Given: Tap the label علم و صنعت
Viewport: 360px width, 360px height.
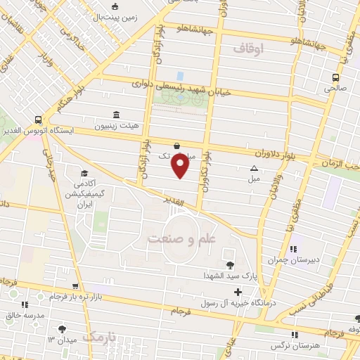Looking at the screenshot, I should tap(179, 238).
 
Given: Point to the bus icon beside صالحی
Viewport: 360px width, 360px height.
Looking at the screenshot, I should tap(336, 77).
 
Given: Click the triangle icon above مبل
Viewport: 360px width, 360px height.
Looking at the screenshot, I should tap(254, 168).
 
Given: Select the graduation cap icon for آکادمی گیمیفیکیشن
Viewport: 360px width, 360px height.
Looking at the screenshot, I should tap(84, 173).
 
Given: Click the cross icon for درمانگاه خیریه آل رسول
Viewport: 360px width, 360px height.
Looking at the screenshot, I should tap(238, 292).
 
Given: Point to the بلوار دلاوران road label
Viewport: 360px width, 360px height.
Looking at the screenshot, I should tap(267, 150).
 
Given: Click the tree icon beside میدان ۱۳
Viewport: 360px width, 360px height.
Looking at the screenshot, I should tap(63, 328).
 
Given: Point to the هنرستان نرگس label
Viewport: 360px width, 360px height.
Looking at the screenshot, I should tap(295, 347).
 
